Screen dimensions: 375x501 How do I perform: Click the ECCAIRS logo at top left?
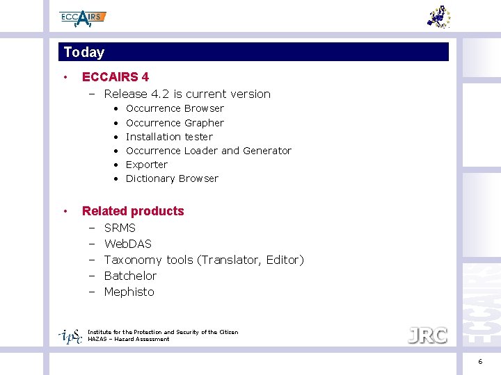point(83,17)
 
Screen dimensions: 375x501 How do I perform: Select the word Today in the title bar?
point(83,52)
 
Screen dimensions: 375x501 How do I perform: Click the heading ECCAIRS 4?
point(115,77)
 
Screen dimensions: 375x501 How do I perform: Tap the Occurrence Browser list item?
point(175,108)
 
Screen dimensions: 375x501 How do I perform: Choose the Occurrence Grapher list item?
point(175,123)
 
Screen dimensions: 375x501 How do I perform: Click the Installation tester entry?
point(169,137)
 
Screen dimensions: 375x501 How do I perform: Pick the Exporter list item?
point(147,165)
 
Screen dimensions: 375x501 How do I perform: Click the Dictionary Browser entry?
point(172,178)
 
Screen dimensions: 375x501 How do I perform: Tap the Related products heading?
point(133,211)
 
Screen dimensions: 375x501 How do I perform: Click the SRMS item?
point(120,228)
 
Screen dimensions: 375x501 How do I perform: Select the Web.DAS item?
point(127,244)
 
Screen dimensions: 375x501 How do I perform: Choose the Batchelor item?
point(130,276)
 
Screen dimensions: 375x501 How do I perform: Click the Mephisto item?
point(129,292)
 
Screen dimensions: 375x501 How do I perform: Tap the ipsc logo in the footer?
point(70,335)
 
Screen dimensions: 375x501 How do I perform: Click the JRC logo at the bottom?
point(427,335)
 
